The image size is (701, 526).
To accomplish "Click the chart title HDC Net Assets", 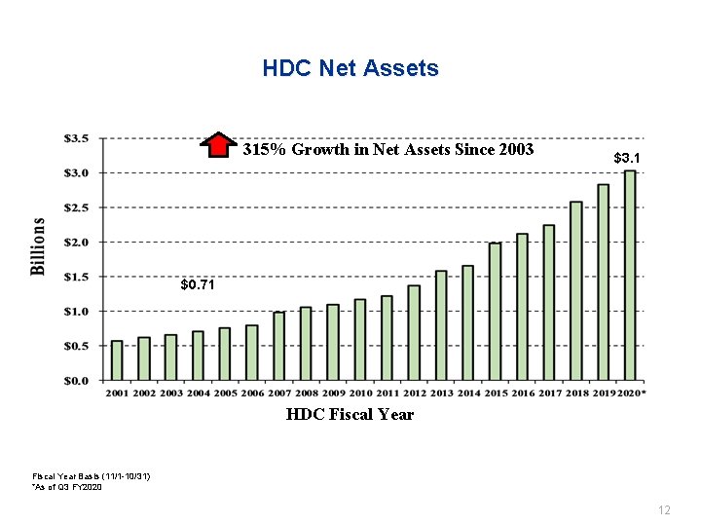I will click(350, 69).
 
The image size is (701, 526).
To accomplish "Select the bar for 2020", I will click(630, 275).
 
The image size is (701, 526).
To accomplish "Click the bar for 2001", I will click(117, 359).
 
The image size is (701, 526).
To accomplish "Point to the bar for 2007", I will click(279, 346).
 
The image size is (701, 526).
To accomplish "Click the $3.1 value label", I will click(627, 157).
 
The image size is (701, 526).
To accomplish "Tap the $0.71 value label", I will click(198, 285).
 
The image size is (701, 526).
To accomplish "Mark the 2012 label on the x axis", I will click(414, 393).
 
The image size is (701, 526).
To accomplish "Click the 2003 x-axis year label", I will click(171, 393).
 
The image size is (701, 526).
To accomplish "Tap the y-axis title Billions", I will click(39, 245).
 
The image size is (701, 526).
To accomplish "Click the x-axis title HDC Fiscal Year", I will click(350, 415).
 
